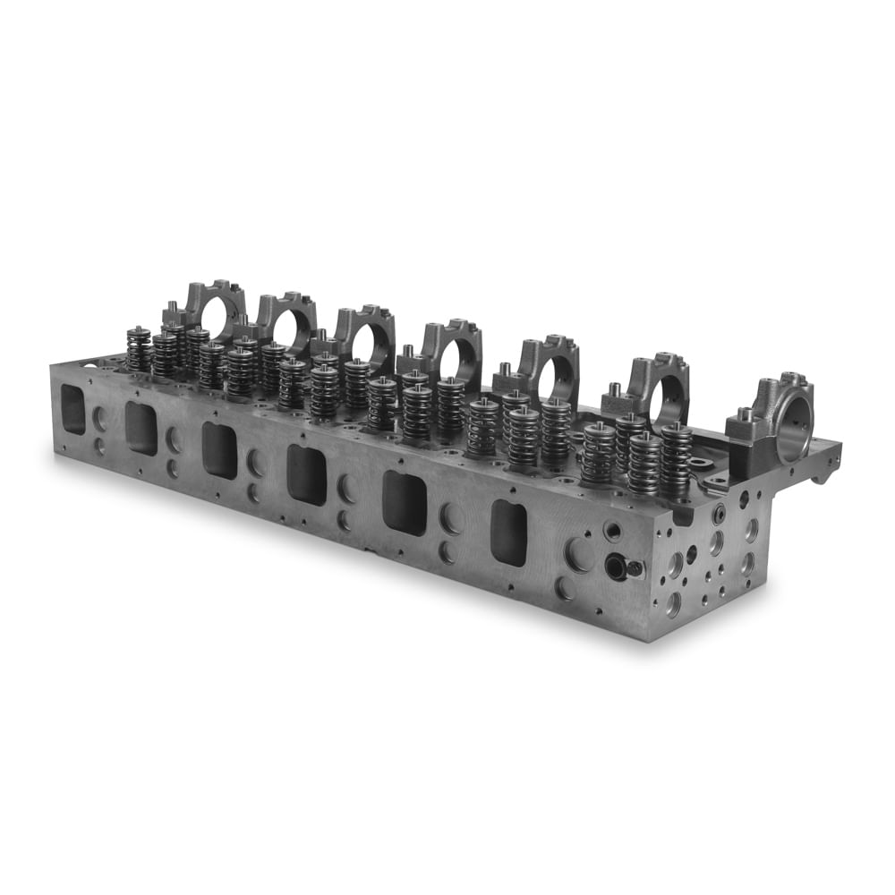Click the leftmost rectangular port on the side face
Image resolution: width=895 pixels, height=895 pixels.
[x=72, y=410]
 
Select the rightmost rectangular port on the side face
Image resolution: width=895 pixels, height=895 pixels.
[x=508, y=533]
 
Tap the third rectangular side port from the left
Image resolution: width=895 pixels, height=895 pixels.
[x=219, y=449]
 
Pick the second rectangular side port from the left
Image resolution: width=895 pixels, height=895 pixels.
[x=141, y=428]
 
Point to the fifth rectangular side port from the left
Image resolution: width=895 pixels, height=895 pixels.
[x=405, y=503]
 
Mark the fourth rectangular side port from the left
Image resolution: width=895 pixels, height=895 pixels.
[x=306, y=474]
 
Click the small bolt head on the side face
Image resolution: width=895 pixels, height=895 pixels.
[x=635, y=568]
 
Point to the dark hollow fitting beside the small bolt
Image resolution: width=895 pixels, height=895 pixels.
[x=616, y=566]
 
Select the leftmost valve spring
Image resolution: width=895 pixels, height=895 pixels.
[x=138, y=349]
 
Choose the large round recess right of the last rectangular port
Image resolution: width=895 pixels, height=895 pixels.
[x=577, y=555]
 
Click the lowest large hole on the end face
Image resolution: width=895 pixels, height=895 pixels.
[x=672, y=603]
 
